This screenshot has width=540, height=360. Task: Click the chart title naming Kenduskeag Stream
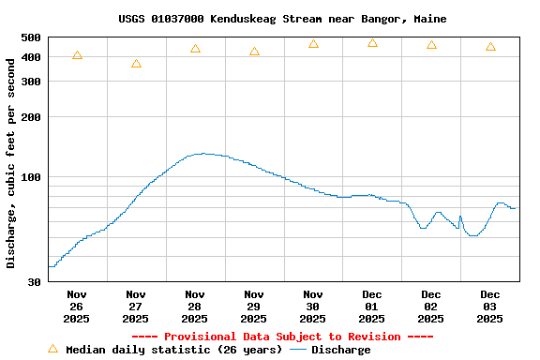pos(282,19)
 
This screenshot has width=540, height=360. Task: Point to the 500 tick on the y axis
pos(31,37)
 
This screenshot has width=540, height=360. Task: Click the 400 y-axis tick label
pos(31,57)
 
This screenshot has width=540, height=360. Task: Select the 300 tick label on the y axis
pos(31,82)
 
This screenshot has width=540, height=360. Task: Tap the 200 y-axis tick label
pos(31,118)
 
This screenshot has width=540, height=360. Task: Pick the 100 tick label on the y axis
pos(31,178)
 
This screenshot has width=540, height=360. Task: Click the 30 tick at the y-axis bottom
pos(34,282)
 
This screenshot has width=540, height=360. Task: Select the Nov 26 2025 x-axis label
pos(77,306)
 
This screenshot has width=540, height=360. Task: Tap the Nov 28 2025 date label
pos(195,306)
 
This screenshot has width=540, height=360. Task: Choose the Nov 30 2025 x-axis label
pos(313,306)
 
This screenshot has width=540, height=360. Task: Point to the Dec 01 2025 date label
pos(372,306)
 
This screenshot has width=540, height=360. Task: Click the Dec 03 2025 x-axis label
pos(490,306)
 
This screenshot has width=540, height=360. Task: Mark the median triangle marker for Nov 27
pos(136,64)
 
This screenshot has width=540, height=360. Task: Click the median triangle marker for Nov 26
pos(77,55)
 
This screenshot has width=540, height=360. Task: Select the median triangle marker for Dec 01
pos(372,43)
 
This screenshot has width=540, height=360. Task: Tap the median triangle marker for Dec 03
pos(490,47)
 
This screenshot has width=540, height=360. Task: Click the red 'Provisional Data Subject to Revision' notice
pos(282,337)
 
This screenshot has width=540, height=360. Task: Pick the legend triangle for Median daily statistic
pos(52,349)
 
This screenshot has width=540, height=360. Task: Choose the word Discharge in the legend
pos(340,350)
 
